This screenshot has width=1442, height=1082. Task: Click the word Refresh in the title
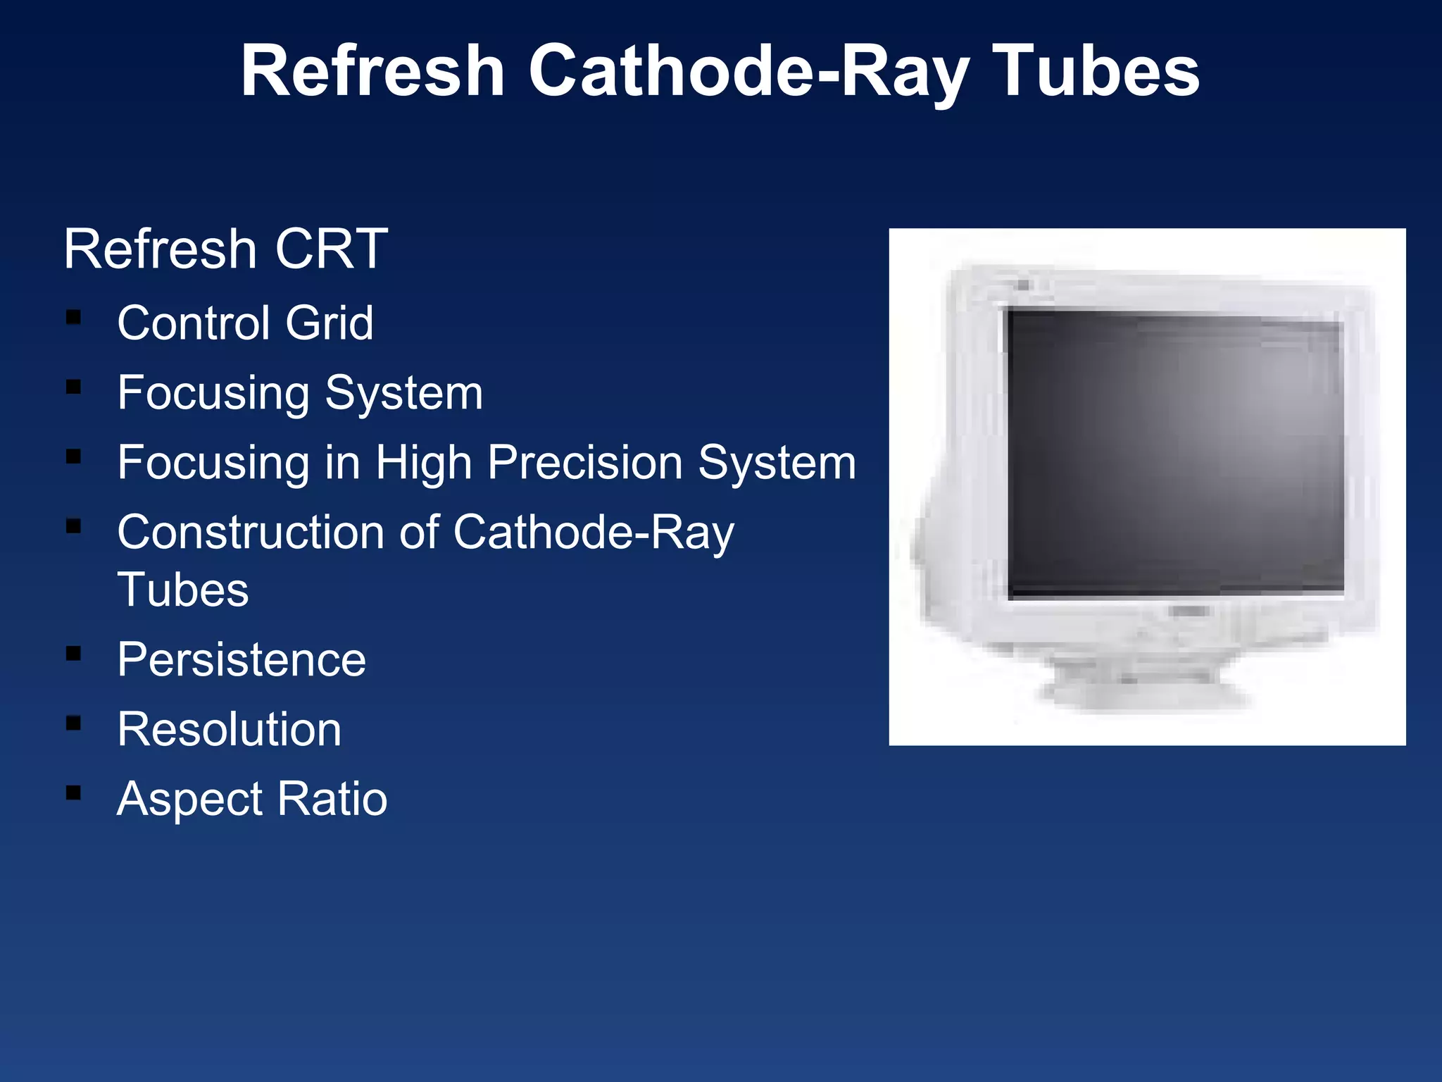point(373,70)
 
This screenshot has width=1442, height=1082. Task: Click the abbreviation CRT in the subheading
point(331,249)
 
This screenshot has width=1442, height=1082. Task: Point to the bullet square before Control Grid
point(73,317)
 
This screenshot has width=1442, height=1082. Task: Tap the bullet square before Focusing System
point(73,387)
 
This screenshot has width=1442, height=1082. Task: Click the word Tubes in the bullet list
point(183,590)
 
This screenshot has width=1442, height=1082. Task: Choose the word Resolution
point(230,729)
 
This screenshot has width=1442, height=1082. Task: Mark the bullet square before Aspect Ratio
point(73,793)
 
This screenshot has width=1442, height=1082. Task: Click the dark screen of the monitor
point(1174,454)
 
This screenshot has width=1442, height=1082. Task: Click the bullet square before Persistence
point(73,654)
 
